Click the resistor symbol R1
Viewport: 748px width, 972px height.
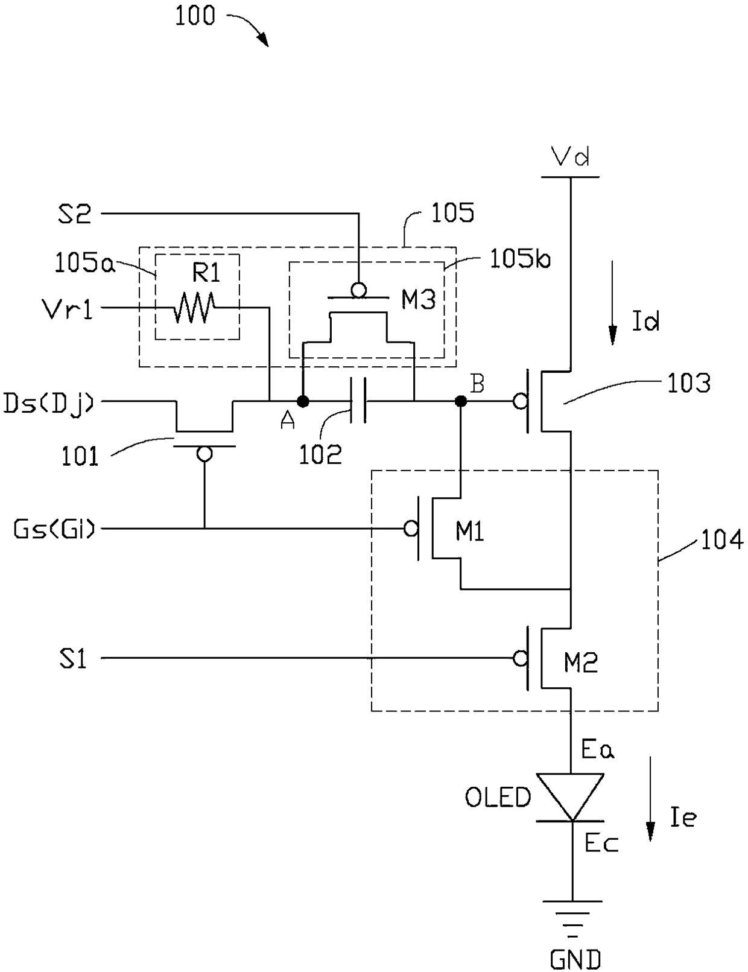pyautogui.click(x=195, y=307)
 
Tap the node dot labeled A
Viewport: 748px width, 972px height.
pyautogui.click(x=303, y=401)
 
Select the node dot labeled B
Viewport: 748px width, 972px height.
pyautogui.click(x=460, y=401)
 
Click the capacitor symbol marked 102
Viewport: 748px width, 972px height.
pyautogui.click(x=358, y=401)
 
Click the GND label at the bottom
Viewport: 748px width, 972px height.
pyautogui.click(x=575, y=959)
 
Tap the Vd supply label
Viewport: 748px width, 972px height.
pyautogui.click(x=570, y=157)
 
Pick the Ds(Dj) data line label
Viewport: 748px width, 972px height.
pyautogui.click(x=49, y=402)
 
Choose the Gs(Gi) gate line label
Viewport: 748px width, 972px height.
pyautogui.click(x=54, y=529)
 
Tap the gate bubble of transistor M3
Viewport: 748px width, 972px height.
pyautogui.click(x=358, y=290)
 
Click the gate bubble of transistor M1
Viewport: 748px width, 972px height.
pyautogui.click(x=411, y=529)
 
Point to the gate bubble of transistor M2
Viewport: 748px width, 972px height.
pyautogui.click(x=521, y=658)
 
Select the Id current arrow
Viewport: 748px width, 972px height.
pyautogui.click(x=612, y=303)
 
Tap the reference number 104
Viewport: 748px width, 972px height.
pyautogui.click(x=721, y=540)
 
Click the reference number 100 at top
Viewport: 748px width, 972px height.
pyautogui.click(x=195, y=16)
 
